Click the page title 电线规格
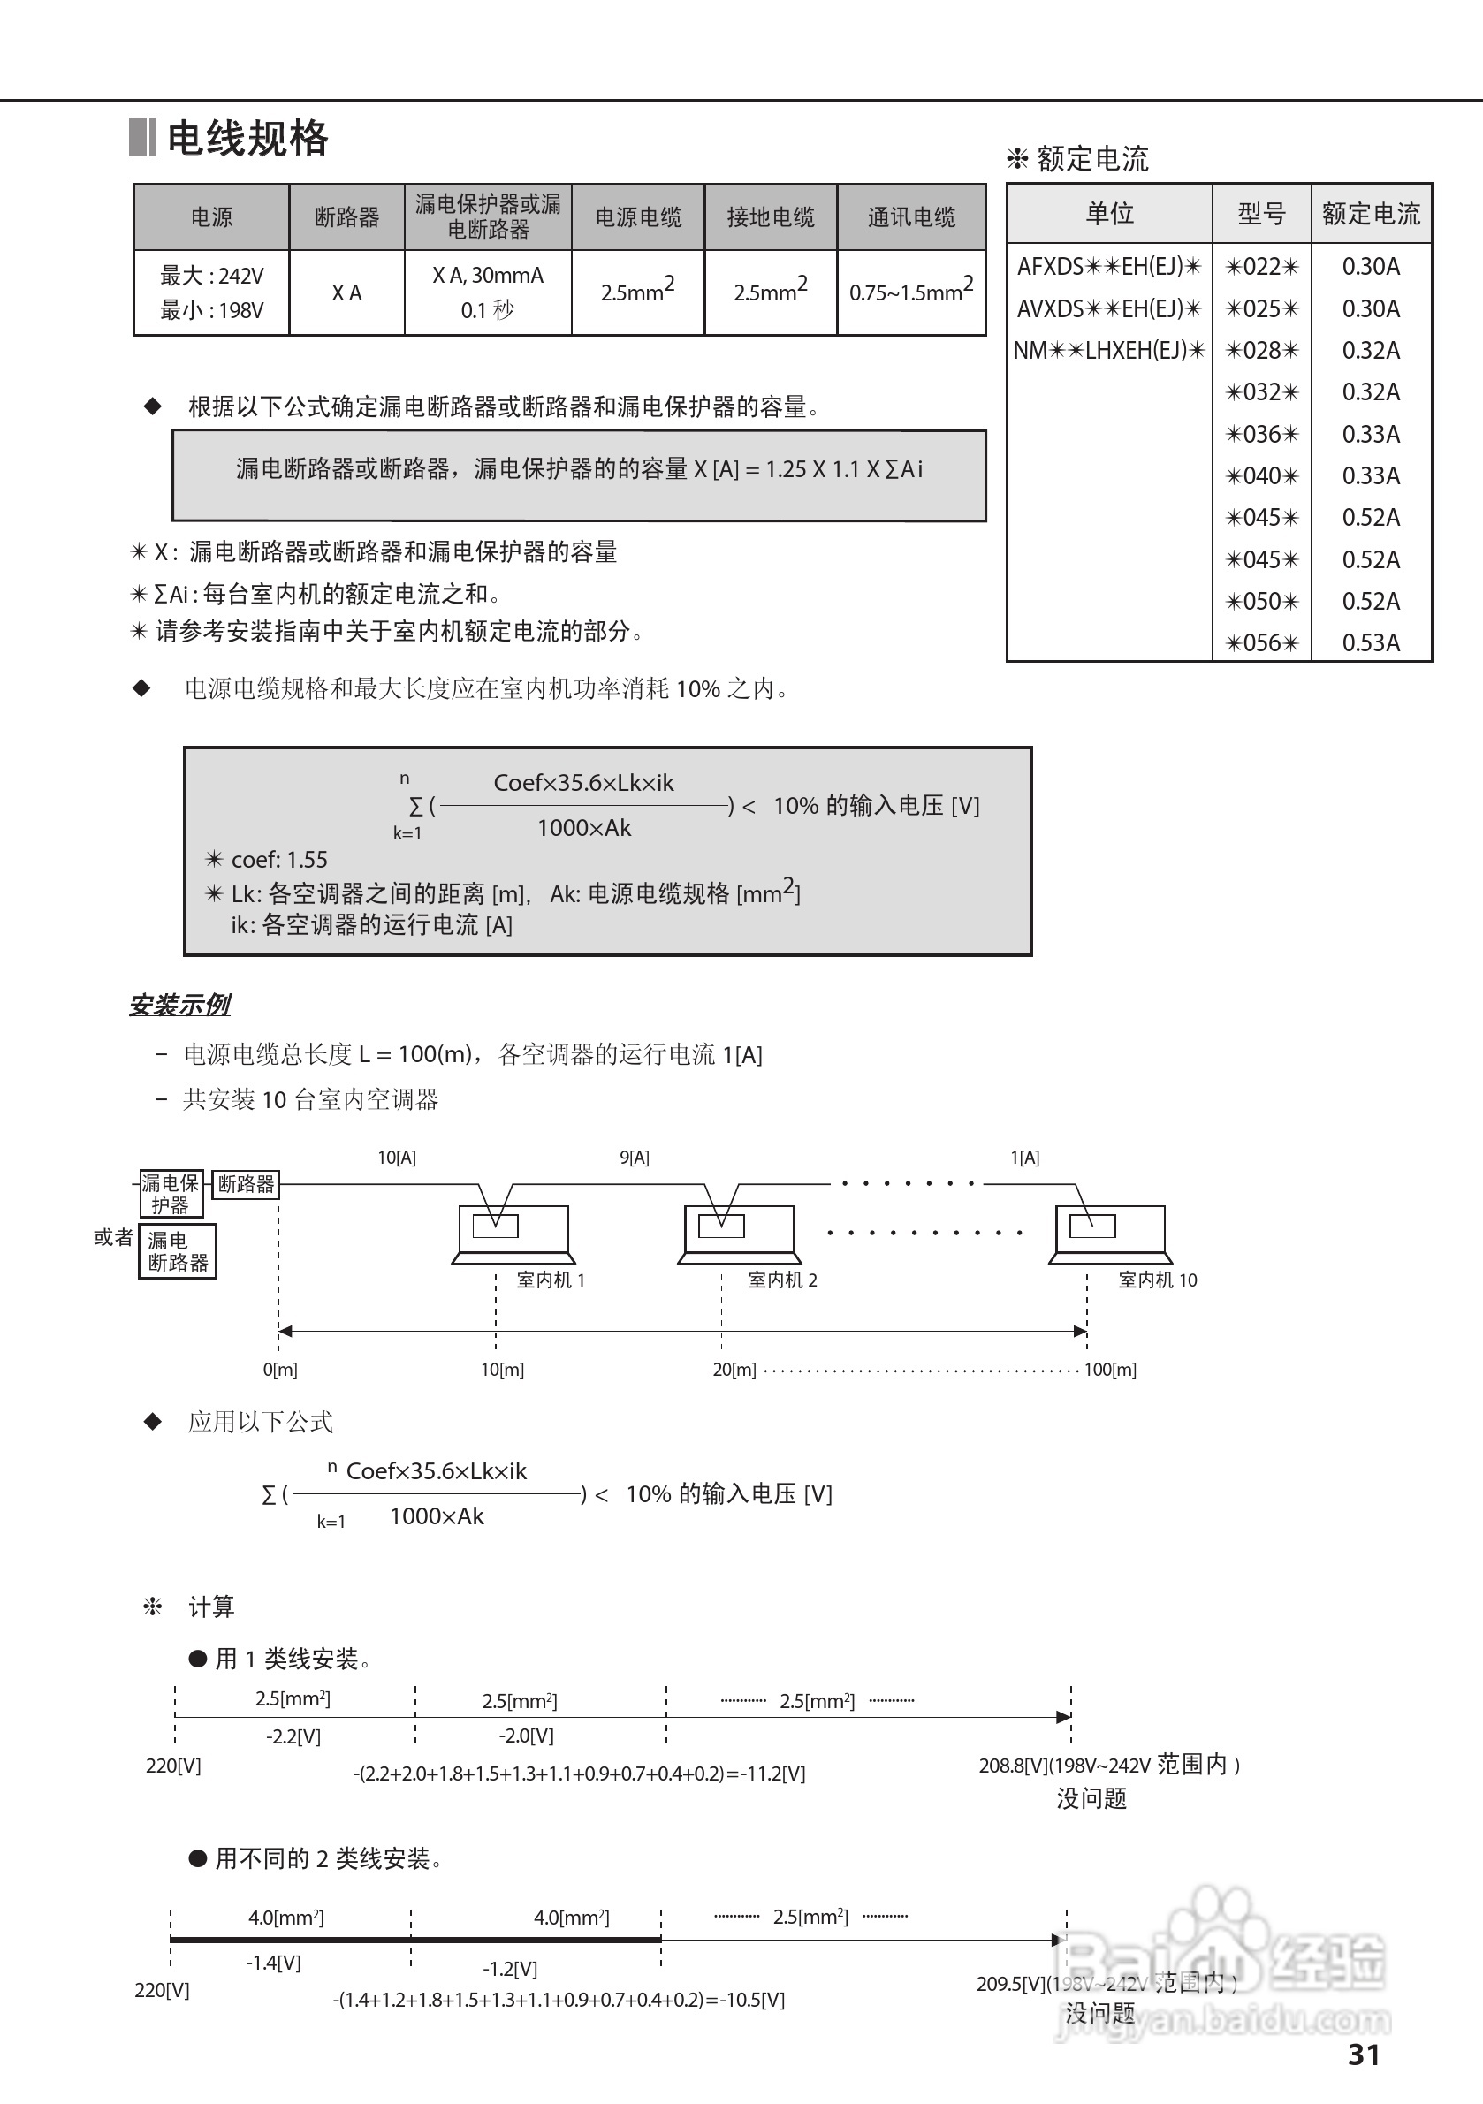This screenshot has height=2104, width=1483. pyautogui.click(x=247, y=139)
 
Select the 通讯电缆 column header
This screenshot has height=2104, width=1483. pyautogui.click(x=911, y=217)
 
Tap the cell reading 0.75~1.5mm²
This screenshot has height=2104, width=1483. pyautogui.click(x=911, y=292)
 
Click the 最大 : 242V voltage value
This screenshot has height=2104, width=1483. pyautogui.click(x=212, y=276)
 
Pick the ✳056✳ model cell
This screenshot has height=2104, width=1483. pyautogui.click(x=1262, y=642)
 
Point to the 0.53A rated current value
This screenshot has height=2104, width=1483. pyautogui.click(x=1370, y=642)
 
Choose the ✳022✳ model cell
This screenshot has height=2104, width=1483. pyautogui.click(x=1262, y=267)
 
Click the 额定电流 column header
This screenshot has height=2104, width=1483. pyautogui.click(x=1370, y=215)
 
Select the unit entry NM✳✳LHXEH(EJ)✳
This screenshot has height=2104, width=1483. pyautogui.click(x=1109, y=350)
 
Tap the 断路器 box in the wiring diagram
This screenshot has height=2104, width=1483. pyautogui.click(x=246, y=1184)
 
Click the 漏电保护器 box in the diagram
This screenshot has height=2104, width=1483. pyautogui.click(x=171, y=1193)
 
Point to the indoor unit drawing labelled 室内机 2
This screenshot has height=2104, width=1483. pyautogui.click(x=739, y=1233)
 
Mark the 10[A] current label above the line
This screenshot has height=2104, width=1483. pyautogui.click(x=397, y=1158)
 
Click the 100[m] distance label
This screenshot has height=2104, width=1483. pyautogui.click(x=1110, y=1370)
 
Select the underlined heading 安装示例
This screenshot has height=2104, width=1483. pyautogui.click(x=179, y=1006)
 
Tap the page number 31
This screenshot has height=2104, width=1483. pyautogui.click(x=1363, y=2055)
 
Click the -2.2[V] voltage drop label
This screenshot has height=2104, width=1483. pyautogui.click(x=293, y=1736)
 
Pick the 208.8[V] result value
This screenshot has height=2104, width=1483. pyautogui.click(x=1013, y=1765)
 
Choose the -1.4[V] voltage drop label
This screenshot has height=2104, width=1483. pyautogui.click(x=273, y=1962)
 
